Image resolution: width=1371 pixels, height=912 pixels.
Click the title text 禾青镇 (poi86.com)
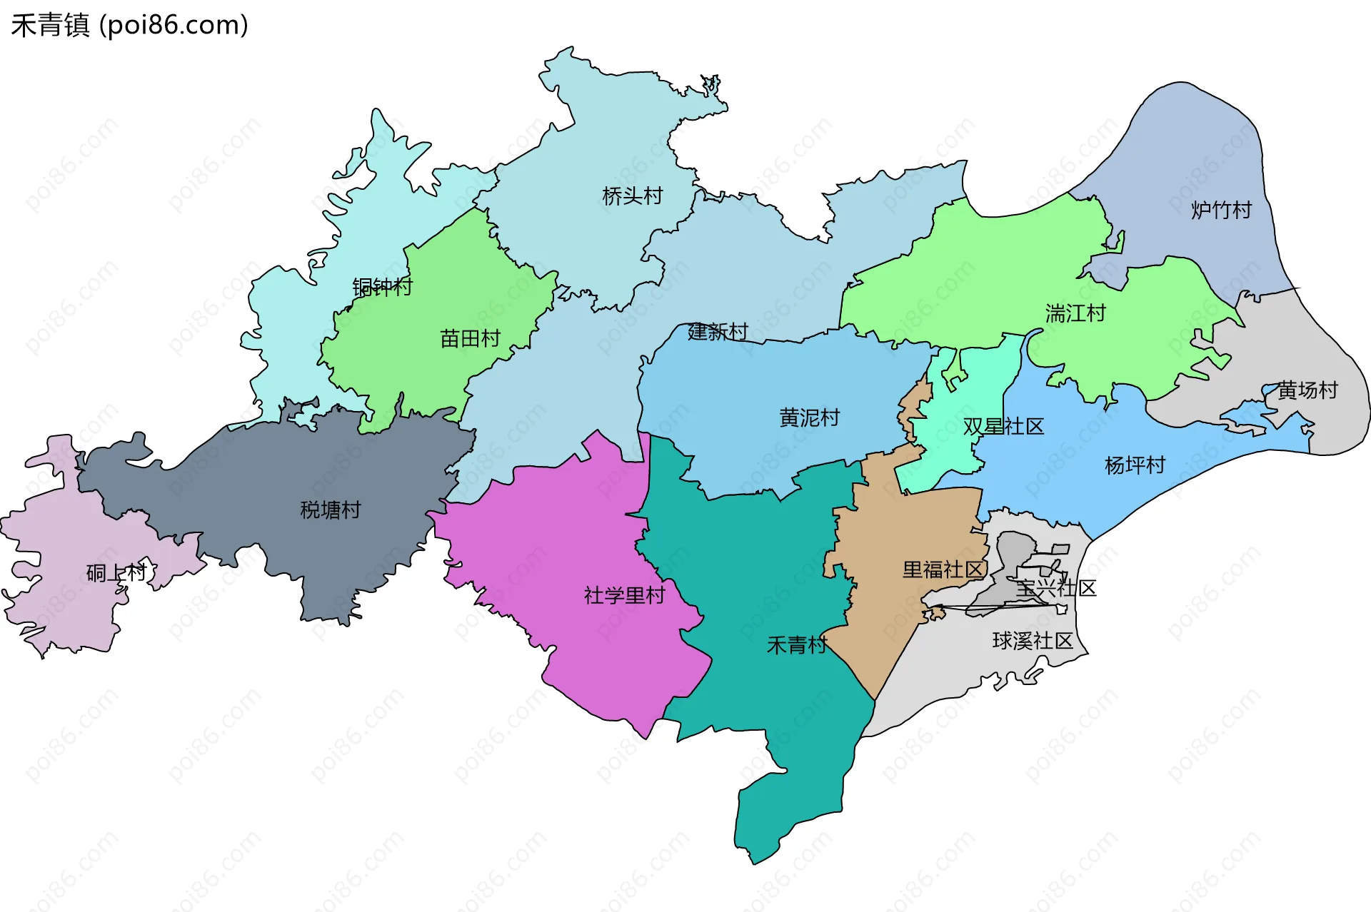129,25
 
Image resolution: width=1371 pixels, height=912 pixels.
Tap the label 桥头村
632,196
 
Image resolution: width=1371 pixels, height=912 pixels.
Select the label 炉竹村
1221,210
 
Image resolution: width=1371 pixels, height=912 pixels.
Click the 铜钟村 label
382,287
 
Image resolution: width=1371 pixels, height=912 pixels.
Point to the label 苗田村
470,338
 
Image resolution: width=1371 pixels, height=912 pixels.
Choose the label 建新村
718,331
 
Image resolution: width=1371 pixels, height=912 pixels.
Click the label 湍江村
1075,313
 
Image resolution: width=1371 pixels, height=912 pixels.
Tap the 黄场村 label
1307,390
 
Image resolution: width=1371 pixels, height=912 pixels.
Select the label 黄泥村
809,417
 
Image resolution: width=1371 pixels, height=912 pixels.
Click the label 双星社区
1003,426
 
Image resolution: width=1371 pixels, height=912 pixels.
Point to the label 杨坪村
1135,465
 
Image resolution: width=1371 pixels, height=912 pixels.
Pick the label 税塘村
330,510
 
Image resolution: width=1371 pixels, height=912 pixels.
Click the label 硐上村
116,572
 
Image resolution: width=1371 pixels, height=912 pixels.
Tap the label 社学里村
624,595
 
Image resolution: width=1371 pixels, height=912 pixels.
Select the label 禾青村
796,645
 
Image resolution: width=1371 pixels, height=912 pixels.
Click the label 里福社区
943,569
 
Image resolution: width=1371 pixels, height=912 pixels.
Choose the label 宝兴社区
1055,588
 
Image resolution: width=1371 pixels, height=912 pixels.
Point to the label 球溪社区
1033,641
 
